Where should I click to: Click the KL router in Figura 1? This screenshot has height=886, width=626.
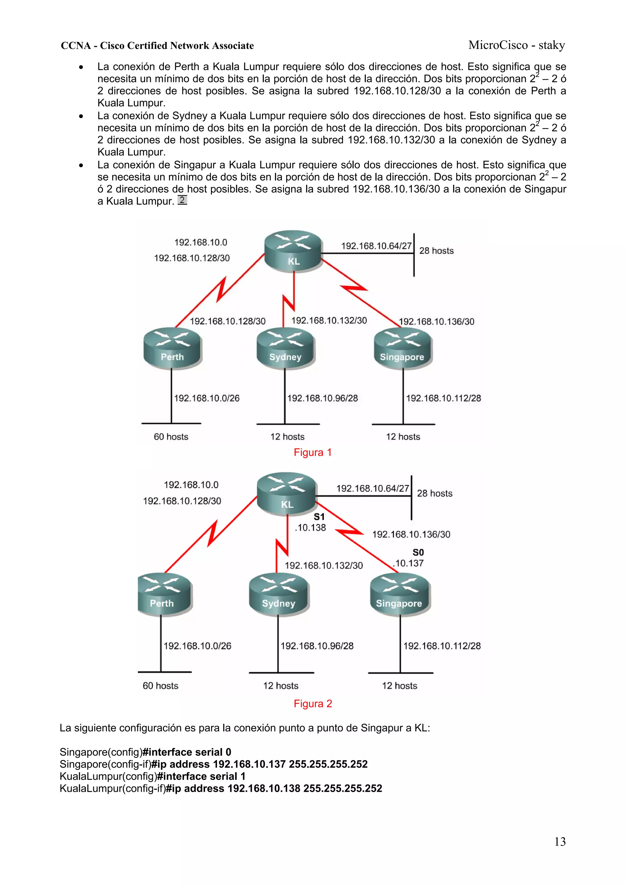tap(293, 251)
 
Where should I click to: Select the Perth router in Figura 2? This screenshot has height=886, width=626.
tap(164, 594)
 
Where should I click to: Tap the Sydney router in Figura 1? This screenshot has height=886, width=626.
tap(285, 348)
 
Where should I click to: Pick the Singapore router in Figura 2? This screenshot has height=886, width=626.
tap(400, 594)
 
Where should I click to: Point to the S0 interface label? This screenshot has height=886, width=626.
tap(418, 552)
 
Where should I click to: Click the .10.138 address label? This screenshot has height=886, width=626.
tap(311, 528)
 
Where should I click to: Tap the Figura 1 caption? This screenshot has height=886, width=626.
tap(312, 452)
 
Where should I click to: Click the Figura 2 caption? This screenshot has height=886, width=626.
tap(313, 703)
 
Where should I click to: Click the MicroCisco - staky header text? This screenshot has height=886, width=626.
tap(517, 45)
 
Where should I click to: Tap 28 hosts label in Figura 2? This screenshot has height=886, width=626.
tap(435, 494)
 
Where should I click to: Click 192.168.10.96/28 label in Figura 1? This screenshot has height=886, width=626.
tap(322, 398)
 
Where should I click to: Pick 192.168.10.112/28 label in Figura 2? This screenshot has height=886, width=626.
tap(442, 646)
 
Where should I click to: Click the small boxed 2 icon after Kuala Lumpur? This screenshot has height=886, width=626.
tap(182, 200)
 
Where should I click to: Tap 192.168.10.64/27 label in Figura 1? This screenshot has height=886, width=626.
tap(376, 246)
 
